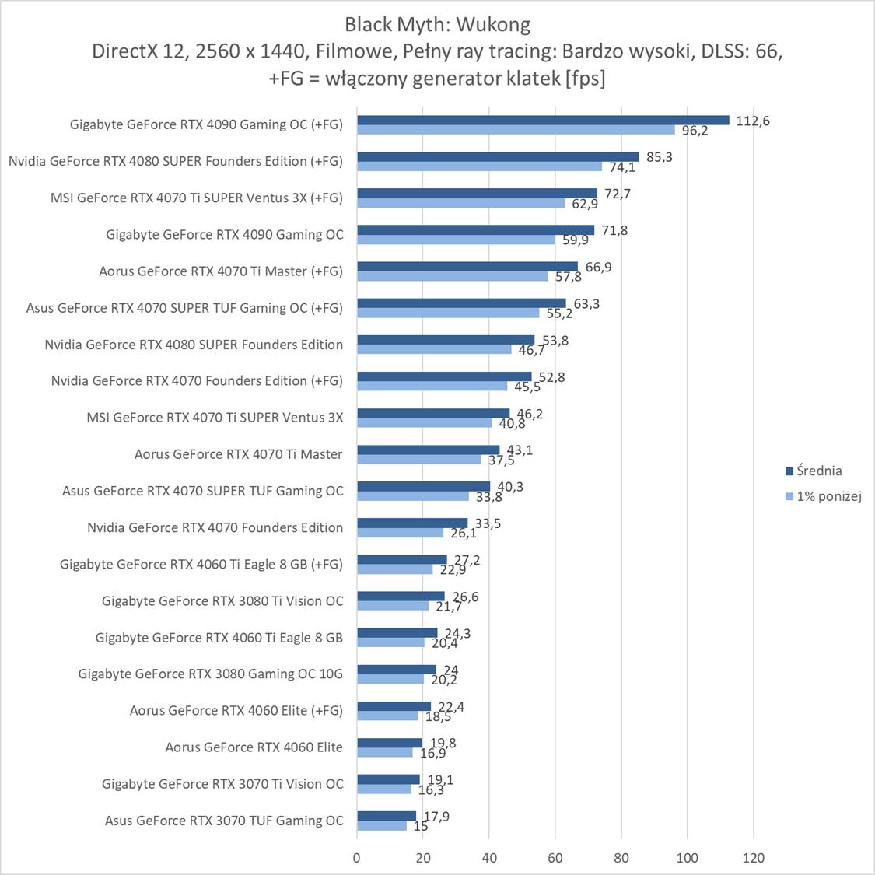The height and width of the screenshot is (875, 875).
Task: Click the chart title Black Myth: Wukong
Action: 437,25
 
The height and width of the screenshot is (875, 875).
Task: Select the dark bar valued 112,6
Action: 543,120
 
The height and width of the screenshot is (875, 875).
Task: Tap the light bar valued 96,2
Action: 516,130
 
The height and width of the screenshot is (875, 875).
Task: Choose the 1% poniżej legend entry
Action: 829,496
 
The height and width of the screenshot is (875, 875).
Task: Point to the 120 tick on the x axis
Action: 754,858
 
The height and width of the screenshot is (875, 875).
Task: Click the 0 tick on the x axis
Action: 357,858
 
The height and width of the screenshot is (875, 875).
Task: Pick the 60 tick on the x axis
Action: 555,858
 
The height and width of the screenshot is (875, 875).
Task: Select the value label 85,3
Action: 660,157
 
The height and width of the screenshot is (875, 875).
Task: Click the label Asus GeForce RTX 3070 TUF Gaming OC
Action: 224,821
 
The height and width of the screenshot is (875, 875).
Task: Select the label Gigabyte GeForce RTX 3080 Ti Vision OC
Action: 222,600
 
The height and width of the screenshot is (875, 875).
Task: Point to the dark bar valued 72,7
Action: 477,193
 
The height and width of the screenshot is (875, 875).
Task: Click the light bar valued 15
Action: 382,826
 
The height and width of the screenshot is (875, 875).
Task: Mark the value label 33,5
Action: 488,523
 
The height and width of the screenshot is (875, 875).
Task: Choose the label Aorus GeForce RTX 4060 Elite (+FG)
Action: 236,710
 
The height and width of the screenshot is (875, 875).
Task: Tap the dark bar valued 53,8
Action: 446,339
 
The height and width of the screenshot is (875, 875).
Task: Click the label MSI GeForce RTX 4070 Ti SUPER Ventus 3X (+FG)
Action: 197,198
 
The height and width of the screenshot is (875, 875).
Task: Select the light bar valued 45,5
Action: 432,386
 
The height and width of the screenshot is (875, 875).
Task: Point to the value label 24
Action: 450,670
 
